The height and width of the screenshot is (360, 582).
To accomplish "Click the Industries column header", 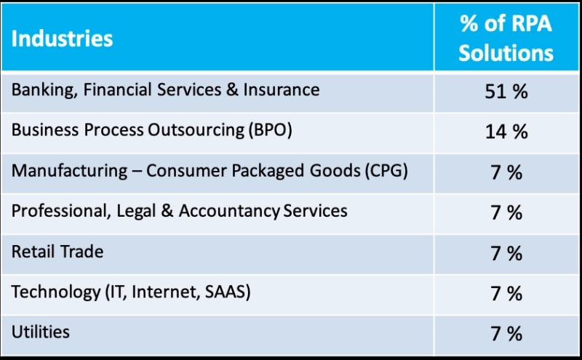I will click(62, 38).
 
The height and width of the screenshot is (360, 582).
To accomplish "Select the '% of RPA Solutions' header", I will click(506, 38).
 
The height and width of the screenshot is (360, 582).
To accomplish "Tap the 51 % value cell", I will click(506, 92).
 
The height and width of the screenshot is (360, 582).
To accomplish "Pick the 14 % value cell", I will click(506, 132).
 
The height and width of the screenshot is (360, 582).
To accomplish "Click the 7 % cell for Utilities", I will click(506, 334).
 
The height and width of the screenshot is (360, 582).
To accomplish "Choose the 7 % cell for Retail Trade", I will click(506, 253).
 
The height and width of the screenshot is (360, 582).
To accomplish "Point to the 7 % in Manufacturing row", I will click(506, 172).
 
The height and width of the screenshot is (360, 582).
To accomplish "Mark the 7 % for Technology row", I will click(506, 293).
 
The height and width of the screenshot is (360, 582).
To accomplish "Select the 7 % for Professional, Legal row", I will click(506, 213).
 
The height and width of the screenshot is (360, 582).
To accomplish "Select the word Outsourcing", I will click(182, 131).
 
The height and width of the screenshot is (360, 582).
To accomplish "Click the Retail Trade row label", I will click(57, 252).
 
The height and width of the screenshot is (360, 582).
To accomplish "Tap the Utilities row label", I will click(41, 332).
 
